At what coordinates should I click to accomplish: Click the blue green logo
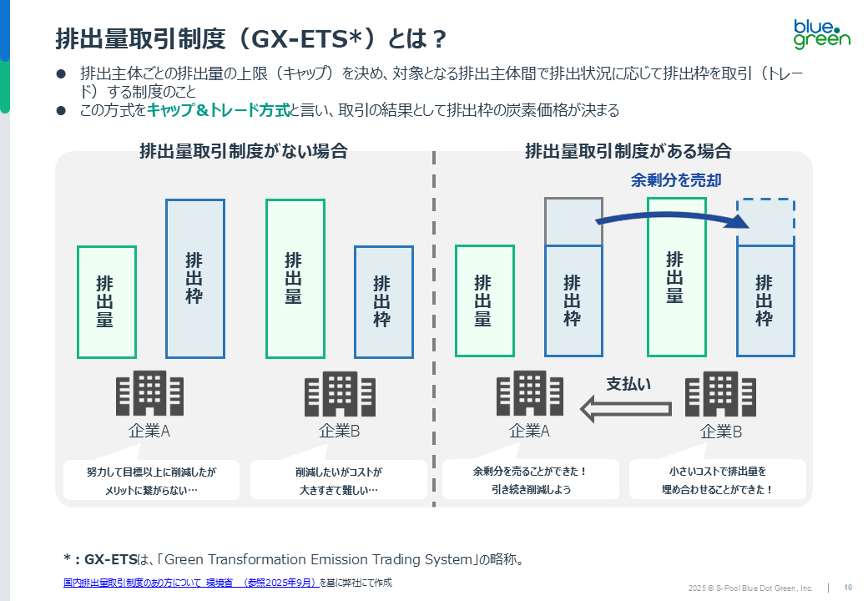(821, 32)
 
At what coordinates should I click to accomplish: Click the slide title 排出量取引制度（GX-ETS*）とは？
(250, 38)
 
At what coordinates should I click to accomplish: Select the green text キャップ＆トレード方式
(218, 111)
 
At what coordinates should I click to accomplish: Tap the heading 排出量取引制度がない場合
(243, 151)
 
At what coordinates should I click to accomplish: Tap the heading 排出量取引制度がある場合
(628, 151)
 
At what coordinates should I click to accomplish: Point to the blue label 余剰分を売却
(676, 179)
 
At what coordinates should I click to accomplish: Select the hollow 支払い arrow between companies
(626, 408)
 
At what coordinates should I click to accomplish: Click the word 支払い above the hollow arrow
(628, 384)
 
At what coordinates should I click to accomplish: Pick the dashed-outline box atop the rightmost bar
(765, 223)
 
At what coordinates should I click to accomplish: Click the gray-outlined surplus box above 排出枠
(573, 222)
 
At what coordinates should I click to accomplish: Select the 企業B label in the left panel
(339, 432)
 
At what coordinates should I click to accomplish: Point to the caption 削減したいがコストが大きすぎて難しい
(338, 480)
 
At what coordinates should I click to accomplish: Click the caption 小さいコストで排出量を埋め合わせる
(718, 480)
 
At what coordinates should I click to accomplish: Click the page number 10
(848, 587)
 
